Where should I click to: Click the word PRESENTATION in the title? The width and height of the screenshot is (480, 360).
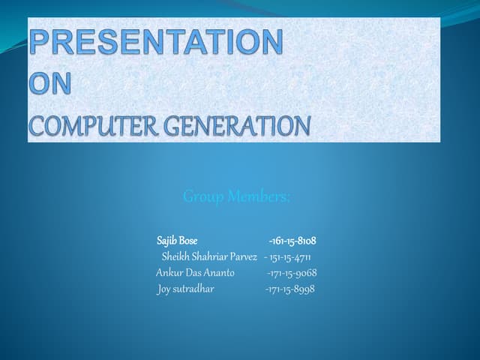tap(156, 42)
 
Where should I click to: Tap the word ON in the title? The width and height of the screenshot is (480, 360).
tap(50, 84)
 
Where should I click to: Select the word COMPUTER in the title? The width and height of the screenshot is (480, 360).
tap(91, 125)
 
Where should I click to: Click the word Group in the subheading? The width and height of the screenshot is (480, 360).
tap(203, 196)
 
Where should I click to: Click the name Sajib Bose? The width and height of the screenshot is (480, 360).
tap(177, 241)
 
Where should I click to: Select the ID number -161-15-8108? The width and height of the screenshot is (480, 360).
tap(292, 241)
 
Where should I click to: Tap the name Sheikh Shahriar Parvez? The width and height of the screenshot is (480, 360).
tap(209, 257)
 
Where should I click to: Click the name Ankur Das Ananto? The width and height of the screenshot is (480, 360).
tap(195, 273)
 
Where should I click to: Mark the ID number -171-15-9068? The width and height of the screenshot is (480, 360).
tap(292, 273)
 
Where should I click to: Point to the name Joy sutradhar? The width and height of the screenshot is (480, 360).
tap(185, 289)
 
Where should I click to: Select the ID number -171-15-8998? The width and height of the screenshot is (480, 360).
tap(290, 289)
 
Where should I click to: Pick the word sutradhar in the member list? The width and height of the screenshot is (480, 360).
tap(193, 289)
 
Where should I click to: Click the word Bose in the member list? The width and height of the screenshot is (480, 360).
tap(188, 241)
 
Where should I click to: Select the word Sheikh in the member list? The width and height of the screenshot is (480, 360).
tap(175, 257)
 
